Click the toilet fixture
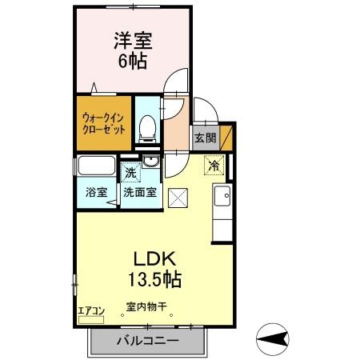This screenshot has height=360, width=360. point(146,128)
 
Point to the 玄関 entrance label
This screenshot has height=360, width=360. point(205,137)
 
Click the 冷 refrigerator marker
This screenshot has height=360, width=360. point(214,166)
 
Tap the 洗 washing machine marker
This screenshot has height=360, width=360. point(130,170)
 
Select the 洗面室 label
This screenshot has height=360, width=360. point(139,192)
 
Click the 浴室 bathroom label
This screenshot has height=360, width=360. point(96,192)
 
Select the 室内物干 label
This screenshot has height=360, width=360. point(145,306)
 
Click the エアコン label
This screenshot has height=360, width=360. point(90,311)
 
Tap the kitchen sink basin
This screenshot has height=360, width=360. point(222,194)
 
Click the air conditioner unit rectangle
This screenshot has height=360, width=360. point(91,321)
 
